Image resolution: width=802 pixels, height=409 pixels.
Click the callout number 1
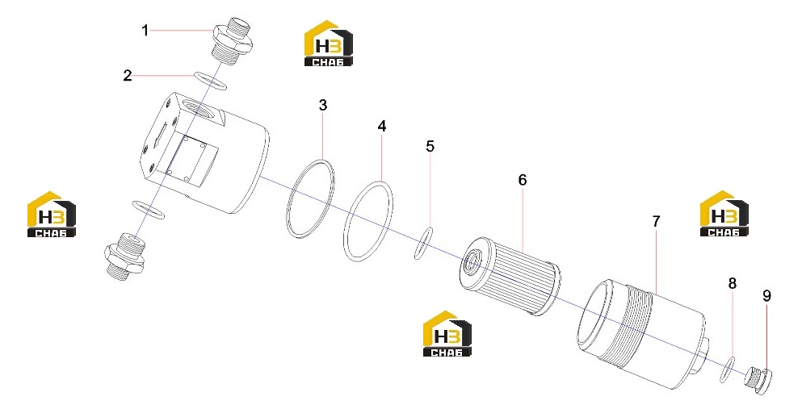145,31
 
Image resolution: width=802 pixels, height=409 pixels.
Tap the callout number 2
128,76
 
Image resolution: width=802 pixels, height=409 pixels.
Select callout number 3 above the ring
323,105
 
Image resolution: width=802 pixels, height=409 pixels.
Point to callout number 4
382,126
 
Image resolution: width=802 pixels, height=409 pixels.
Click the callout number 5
430,147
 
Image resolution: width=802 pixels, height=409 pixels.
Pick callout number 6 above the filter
523,180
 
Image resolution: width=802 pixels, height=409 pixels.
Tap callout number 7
657,222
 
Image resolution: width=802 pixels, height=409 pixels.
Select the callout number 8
733,283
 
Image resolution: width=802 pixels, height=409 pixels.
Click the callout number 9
766,296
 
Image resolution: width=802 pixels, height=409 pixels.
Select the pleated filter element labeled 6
510,275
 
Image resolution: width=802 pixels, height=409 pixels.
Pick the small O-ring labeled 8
728,369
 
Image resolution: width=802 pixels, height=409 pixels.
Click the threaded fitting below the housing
125,255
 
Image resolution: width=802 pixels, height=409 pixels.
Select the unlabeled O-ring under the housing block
149,209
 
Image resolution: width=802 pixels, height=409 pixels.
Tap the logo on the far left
51,215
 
